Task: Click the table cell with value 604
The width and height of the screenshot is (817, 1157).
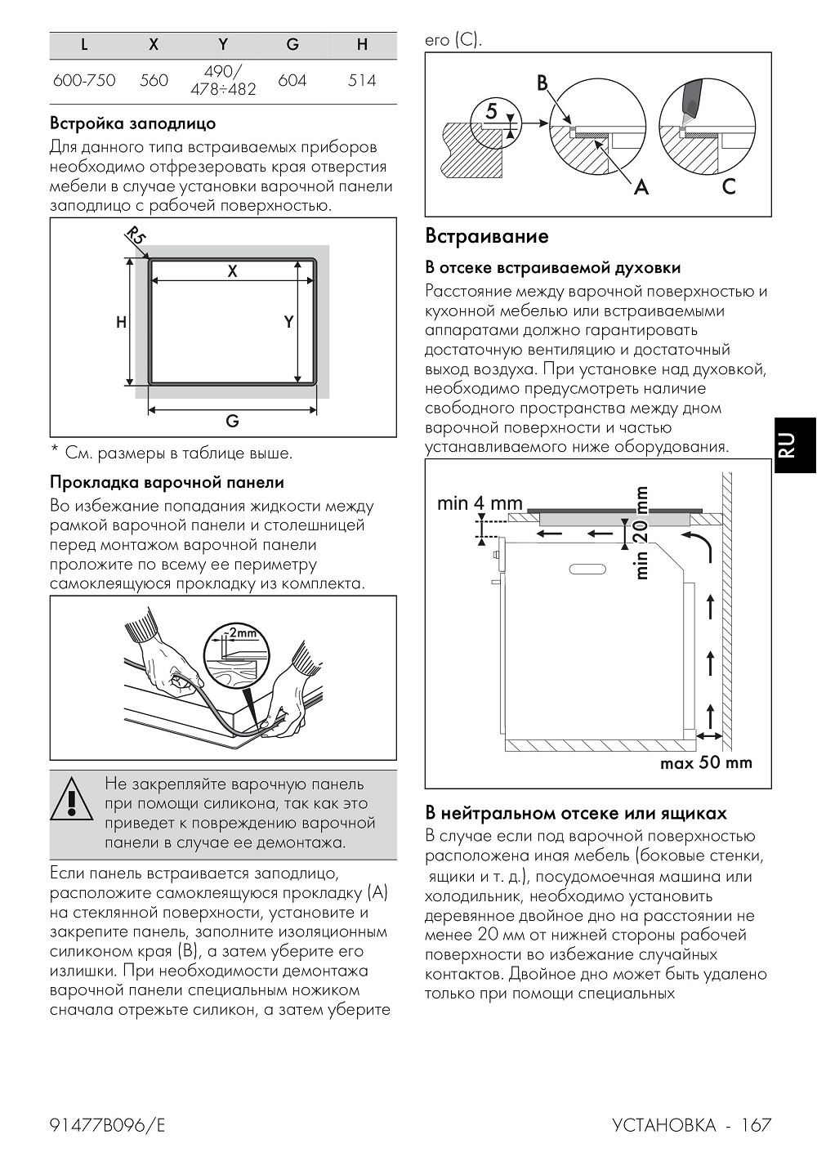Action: coord(292,81)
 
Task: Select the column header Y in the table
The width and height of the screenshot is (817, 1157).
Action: coord(223,44)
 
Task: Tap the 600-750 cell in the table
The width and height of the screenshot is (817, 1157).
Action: coord(84,81)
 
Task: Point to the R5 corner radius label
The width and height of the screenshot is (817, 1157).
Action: coord(136,238)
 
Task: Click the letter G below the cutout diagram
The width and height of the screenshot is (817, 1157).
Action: coord(232,422)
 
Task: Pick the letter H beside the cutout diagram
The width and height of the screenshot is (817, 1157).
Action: coord(122,322)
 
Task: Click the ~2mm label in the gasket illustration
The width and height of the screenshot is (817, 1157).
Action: coord(238,632)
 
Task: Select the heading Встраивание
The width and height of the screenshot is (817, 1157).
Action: coord(487,236)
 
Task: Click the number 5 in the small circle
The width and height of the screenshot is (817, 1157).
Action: coord(492,110)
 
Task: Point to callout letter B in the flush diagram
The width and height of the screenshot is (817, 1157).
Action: coord(542,83)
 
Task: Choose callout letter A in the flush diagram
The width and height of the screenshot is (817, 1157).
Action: coord(641,186)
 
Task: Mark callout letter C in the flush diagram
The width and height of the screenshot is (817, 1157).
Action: coord(729,186)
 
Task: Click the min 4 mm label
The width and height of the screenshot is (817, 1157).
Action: coord(480,503)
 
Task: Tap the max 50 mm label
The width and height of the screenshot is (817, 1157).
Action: coord(706,763)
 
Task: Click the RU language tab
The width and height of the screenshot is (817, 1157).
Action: coord(788,444)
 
